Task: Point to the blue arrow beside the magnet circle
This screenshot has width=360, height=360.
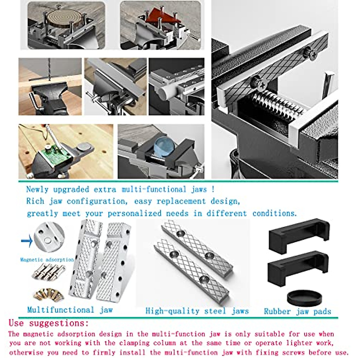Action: point(27,241)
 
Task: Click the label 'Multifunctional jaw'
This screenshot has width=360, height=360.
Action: point(70,310)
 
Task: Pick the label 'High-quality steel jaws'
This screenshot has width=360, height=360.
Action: point(197,311)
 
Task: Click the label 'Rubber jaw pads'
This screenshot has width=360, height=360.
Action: point(297,311)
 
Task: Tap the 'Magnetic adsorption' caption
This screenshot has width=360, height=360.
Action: point(47,259)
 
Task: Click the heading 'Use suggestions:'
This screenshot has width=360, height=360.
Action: point(49,323)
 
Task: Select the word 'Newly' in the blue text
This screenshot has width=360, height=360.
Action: point(37,189)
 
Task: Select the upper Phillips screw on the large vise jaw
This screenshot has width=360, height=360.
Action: point(310,54)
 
